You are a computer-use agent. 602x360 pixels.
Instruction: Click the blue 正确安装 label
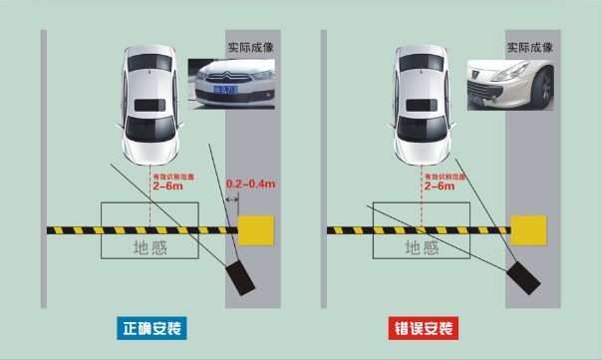click(151, 328)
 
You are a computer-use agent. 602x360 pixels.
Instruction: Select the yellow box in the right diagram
click(527, 229)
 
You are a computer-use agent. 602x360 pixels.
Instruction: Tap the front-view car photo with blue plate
click(230, 83)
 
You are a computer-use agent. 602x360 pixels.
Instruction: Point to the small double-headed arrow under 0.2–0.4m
click(230, 200)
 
